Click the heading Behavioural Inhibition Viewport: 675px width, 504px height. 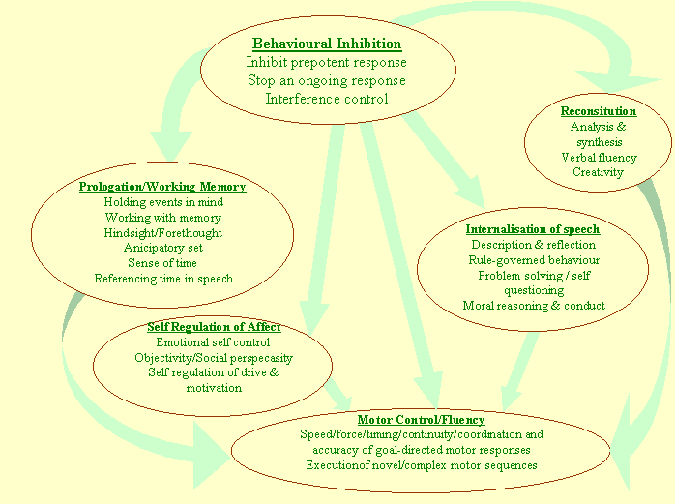coord(327,44)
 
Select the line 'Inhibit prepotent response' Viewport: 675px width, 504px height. coord(327,63)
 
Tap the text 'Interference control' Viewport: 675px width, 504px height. coord(327,99)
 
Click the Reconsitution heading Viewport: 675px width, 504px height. coord(599,111)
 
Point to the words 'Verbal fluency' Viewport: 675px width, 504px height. coord(599,158)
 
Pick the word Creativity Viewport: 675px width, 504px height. coord(599,172)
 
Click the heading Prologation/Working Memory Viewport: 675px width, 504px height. coord(162,187)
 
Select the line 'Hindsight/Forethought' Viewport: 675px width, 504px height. coord(162,233)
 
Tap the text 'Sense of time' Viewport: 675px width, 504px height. coord(162,263)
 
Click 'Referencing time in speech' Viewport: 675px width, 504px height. coord(162,279)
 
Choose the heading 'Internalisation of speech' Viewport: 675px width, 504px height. coord(533,229)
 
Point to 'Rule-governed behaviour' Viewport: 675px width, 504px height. coord(533,260)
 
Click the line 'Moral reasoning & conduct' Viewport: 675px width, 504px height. coord(533,306)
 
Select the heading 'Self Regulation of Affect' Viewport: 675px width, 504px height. coord(214,327)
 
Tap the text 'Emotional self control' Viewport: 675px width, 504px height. coord(214,342)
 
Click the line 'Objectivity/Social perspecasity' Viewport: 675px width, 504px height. coord(214,358)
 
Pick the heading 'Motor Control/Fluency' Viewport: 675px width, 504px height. coord(421,420)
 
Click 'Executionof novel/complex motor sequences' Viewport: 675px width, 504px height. coord(421,465)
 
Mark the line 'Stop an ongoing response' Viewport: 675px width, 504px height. coord(327,81)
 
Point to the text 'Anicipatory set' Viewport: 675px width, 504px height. coord(162,248)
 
